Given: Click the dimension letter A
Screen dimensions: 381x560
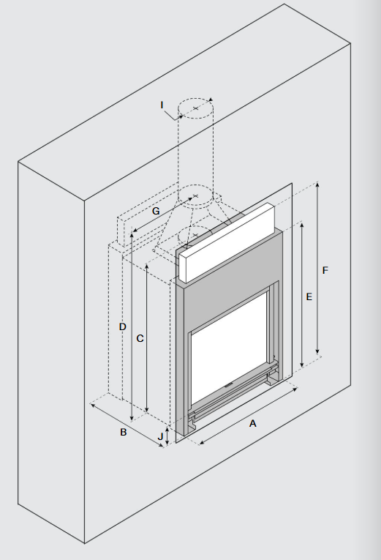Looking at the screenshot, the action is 252,424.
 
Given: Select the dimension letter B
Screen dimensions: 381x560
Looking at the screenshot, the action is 124,432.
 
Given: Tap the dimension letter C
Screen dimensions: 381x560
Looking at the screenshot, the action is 140,338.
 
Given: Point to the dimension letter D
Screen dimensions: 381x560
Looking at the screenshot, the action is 123,326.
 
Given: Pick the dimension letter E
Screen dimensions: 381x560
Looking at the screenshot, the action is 309,296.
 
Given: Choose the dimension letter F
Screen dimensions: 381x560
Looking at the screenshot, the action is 325,270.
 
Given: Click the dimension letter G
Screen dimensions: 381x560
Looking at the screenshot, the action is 156,211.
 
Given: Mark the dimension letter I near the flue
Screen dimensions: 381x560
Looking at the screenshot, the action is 162,105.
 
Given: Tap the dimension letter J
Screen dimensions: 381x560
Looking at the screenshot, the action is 160,436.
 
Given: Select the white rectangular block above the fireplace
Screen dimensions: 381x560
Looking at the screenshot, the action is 227,243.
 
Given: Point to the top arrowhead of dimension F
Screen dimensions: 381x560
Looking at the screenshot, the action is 317,184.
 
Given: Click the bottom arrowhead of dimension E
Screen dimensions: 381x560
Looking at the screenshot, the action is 302,365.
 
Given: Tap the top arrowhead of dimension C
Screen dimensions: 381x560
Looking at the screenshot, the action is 147,266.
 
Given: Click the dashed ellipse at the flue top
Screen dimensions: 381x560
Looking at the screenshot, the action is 196,108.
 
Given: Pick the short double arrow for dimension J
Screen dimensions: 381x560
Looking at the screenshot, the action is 167,436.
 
